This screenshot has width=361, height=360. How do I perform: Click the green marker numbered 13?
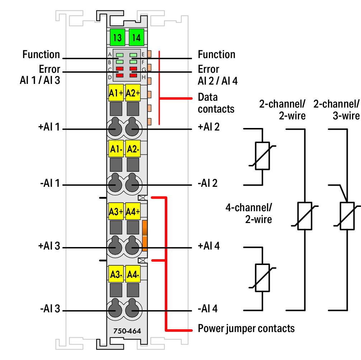click(x=117, y=37)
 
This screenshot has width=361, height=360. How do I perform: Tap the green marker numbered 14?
click(x=136, y=37)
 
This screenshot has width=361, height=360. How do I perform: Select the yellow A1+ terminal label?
click(x=116, y=93)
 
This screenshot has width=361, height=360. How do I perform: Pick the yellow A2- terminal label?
click(x=133, y=149)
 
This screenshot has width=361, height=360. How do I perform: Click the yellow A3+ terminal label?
click(x=116, y=212)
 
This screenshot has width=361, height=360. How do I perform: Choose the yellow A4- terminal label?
click(x=133, y=274)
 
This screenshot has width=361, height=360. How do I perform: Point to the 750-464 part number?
click(x=127, y=331)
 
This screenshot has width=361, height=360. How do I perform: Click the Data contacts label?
click(x=216, y=103)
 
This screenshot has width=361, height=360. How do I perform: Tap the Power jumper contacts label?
click(x=246, y=328)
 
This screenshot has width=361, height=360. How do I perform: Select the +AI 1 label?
click(x=49, y=127)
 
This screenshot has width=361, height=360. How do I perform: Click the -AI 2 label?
click(x=207, y=183)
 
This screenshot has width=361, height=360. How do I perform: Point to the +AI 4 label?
click(x=208, y=246)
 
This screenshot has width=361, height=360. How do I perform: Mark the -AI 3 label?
click(x=50, y=308)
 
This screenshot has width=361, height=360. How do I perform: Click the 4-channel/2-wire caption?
click(x=249, y=213)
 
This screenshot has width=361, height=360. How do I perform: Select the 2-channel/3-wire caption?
click(x=336, y=110)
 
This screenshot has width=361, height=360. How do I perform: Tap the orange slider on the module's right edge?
click(x=145, y=236)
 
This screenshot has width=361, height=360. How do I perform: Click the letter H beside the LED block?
click(x=144, y=77)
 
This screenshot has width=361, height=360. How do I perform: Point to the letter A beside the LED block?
click(x=110, y=55)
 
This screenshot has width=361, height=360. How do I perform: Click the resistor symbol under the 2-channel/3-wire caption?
click(x=347, y=216)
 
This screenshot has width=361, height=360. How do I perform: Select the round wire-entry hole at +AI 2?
click(x=132, y=128)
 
